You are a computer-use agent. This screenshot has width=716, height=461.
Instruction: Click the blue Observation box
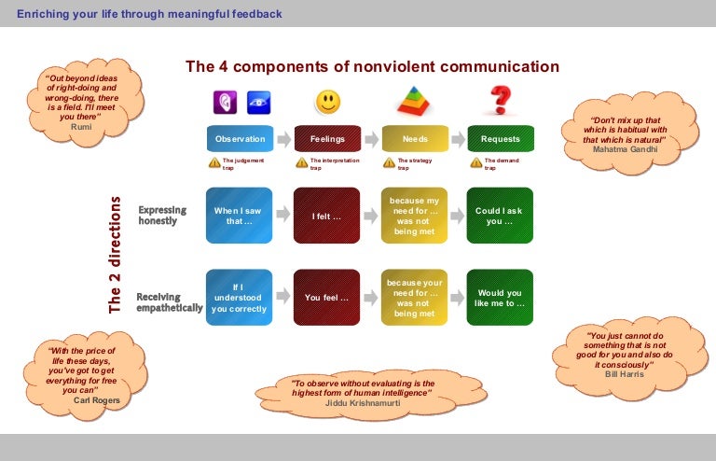pos(240,139)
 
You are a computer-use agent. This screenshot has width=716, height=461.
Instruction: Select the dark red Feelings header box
pos(327,139)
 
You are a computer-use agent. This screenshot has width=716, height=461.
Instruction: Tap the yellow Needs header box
pos(415,139)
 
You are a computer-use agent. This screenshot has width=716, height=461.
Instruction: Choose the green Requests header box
pos(501,139)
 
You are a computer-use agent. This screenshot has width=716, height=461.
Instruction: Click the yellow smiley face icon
pos(327,101)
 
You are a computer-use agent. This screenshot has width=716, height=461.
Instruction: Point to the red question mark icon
pos(502,100)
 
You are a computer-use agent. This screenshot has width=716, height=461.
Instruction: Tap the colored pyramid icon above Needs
pos(415,101)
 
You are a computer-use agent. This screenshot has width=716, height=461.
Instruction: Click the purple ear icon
pos(225,102)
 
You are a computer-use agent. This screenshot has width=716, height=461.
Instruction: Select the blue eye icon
pos(257,102)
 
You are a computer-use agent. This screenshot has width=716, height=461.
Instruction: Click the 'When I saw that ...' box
pos(239,216)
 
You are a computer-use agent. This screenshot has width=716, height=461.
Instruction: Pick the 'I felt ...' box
pos(327,216)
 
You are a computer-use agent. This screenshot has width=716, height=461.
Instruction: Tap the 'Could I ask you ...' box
pos(500,216)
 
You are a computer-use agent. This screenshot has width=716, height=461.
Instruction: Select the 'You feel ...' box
pos(327,298)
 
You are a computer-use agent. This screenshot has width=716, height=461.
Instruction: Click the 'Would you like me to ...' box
pos(500,298)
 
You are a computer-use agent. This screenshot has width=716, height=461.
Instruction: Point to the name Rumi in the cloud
pos(81,125)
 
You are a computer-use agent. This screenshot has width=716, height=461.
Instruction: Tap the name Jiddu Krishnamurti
pos(370,402)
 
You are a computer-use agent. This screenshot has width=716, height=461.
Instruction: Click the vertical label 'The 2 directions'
pos(116,254)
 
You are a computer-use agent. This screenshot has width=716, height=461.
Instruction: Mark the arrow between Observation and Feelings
pos(283,139)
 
